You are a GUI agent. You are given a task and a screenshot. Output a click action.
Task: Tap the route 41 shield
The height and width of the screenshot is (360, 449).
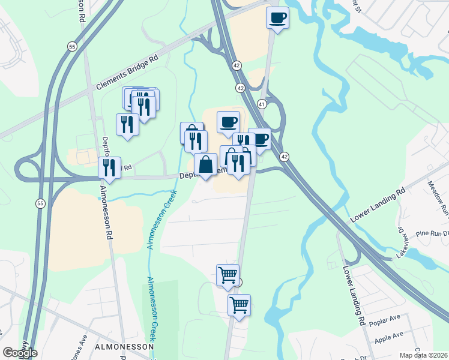coord(262,104)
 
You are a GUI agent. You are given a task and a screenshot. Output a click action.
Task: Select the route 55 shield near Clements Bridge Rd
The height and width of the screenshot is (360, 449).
coord(72,46)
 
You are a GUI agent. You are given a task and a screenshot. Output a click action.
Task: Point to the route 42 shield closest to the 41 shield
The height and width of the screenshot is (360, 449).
coord(240,88)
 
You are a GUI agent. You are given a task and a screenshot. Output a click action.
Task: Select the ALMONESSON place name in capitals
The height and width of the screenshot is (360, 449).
coord(124,347)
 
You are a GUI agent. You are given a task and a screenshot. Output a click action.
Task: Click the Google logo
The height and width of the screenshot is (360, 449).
coord(20,353)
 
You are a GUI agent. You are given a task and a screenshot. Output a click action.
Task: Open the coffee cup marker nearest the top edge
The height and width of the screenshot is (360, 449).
coord(277,18)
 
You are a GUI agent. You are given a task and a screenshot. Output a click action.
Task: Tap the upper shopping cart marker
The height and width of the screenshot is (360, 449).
coord(228,275)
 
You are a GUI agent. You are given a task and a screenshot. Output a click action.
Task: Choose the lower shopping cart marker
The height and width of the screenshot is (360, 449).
coord(239,305)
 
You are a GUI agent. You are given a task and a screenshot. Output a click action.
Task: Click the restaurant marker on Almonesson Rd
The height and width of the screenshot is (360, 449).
coord(109,167)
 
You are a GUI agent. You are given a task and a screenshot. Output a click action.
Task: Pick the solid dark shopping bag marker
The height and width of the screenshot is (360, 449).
coord(205,164)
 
